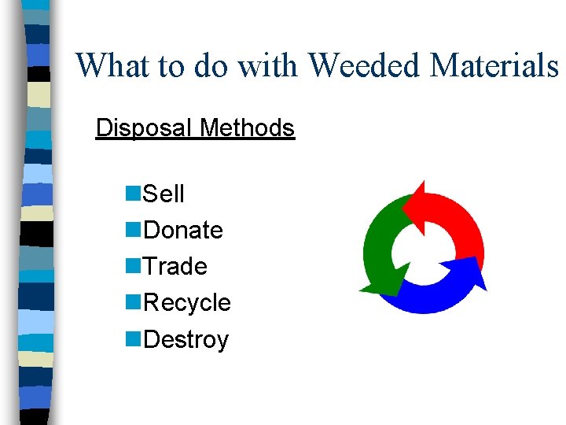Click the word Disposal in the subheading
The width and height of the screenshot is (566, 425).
click(x=145, y=128)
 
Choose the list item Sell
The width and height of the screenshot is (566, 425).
click(x=164, y=194)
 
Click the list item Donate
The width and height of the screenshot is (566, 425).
click(x=184, y=230)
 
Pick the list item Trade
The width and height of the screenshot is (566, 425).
click(x=176, y=266)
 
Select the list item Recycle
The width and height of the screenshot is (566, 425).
click(x=188, y=303)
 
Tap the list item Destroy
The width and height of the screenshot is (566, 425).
click(x=186, y=340)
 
